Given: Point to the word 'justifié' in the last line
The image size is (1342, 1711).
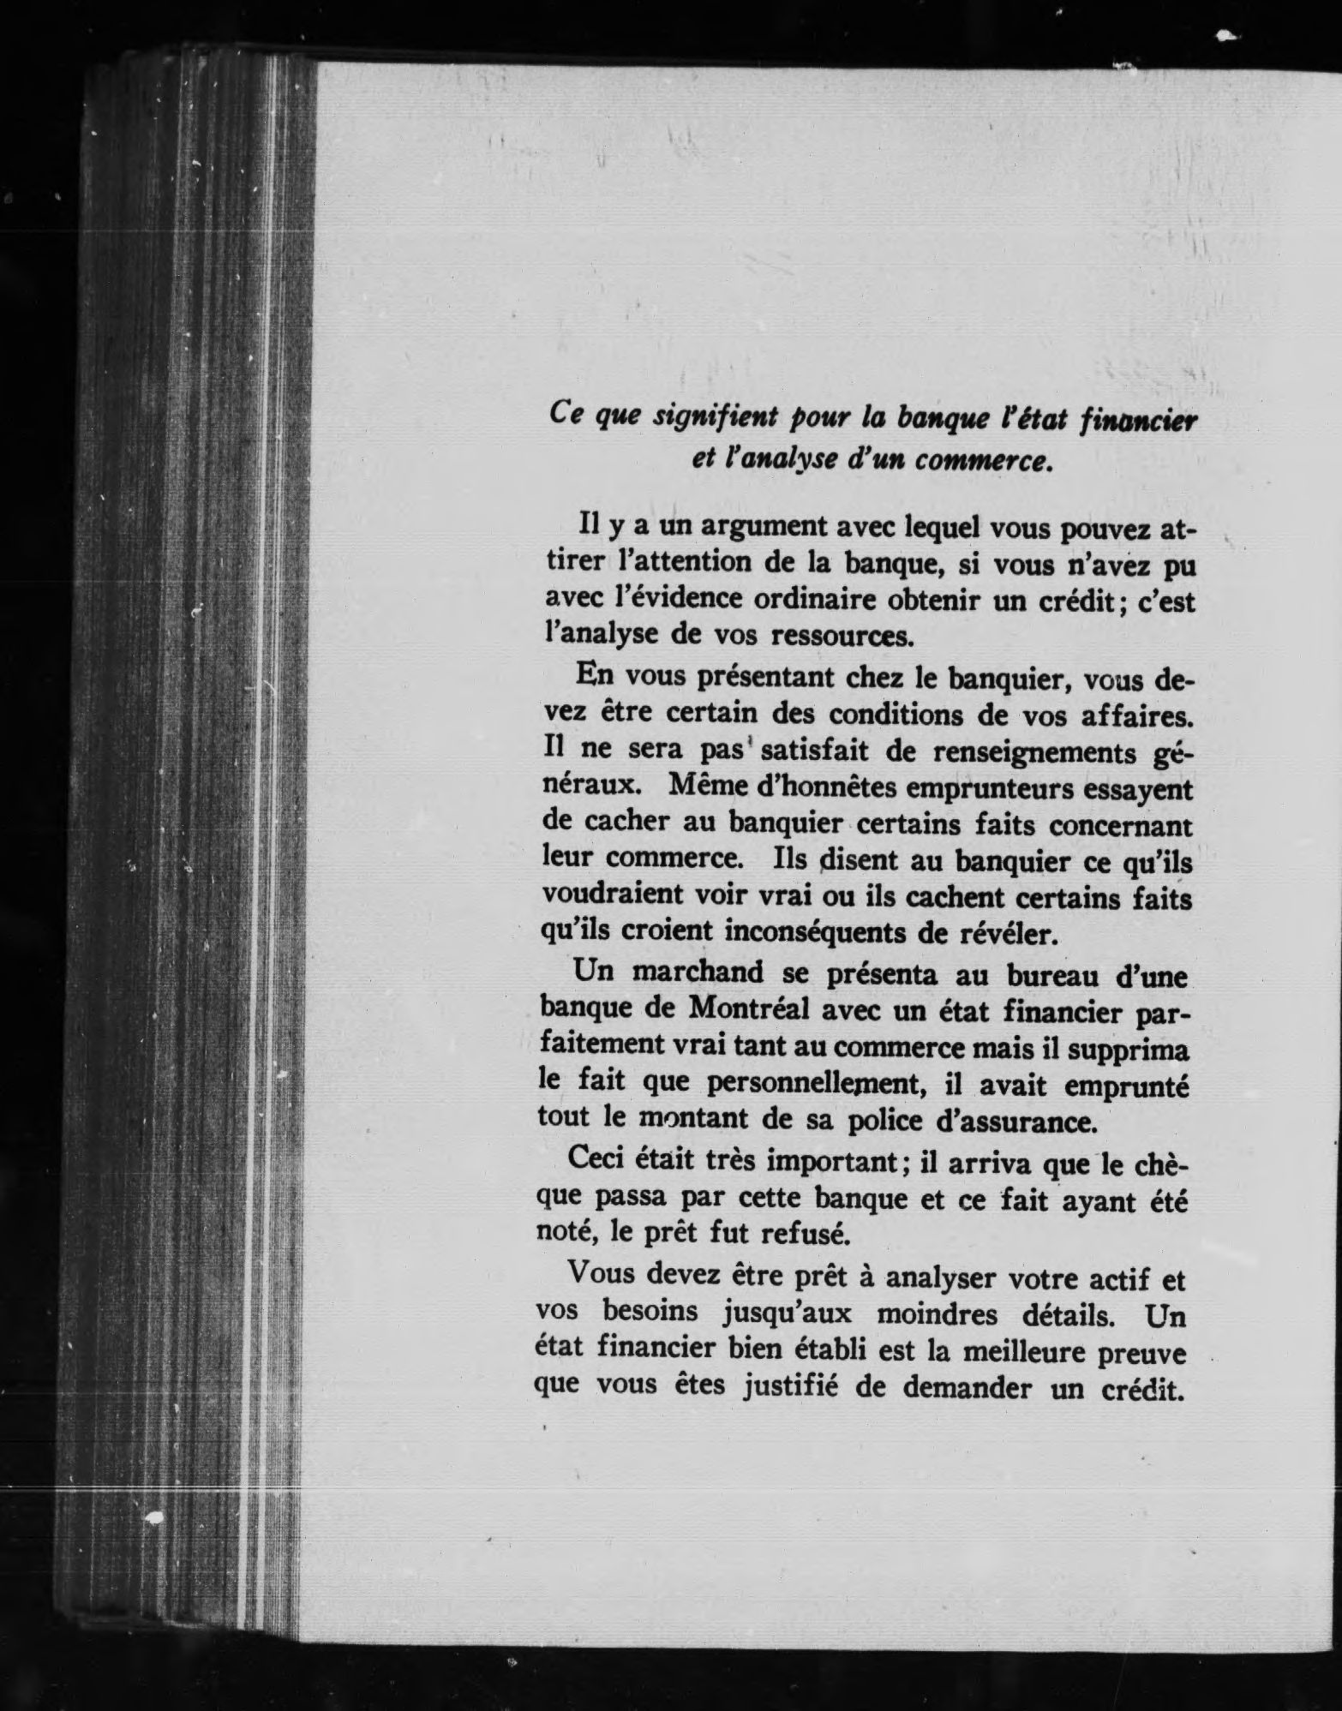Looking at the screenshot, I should point(789,1387).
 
